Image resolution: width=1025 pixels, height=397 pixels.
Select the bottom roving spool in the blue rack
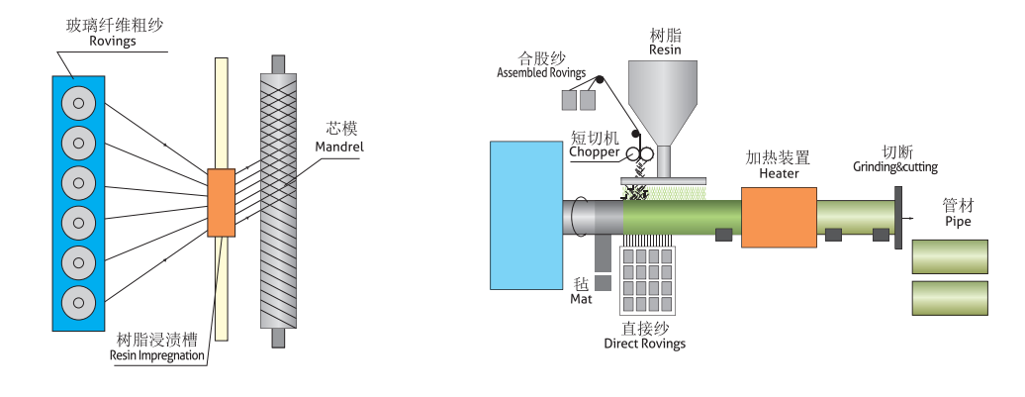coord(78,300)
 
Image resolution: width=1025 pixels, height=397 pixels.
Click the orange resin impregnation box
coord(222,203)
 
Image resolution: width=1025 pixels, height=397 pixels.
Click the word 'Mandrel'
coord(339,147)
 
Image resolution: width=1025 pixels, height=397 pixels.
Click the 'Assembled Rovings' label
coord(541,73)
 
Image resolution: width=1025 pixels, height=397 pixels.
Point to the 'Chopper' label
coord(595,152)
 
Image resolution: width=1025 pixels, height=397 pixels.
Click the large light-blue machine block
coord(526,214)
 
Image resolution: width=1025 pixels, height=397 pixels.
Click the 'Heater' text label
coord(779,173)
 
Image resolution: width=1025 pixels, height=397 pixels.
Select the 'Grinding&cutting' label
coord(895,167)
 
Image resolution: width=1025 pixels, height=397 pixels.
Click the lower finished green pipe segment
coord(949,297)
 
